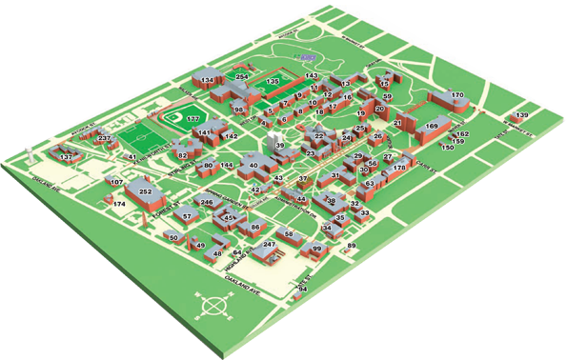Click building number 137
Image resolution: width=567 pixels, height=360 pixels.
(67, 156)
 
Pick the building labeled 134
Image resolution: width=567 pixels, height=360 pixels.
(207, 80)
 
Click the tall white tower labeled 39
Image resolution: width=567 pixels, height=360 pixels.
(279, 145)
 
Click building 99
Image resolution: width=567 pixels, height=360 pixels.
(315, 250)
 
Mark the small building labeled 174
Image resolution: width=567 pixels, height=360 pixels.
(119, 205)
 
